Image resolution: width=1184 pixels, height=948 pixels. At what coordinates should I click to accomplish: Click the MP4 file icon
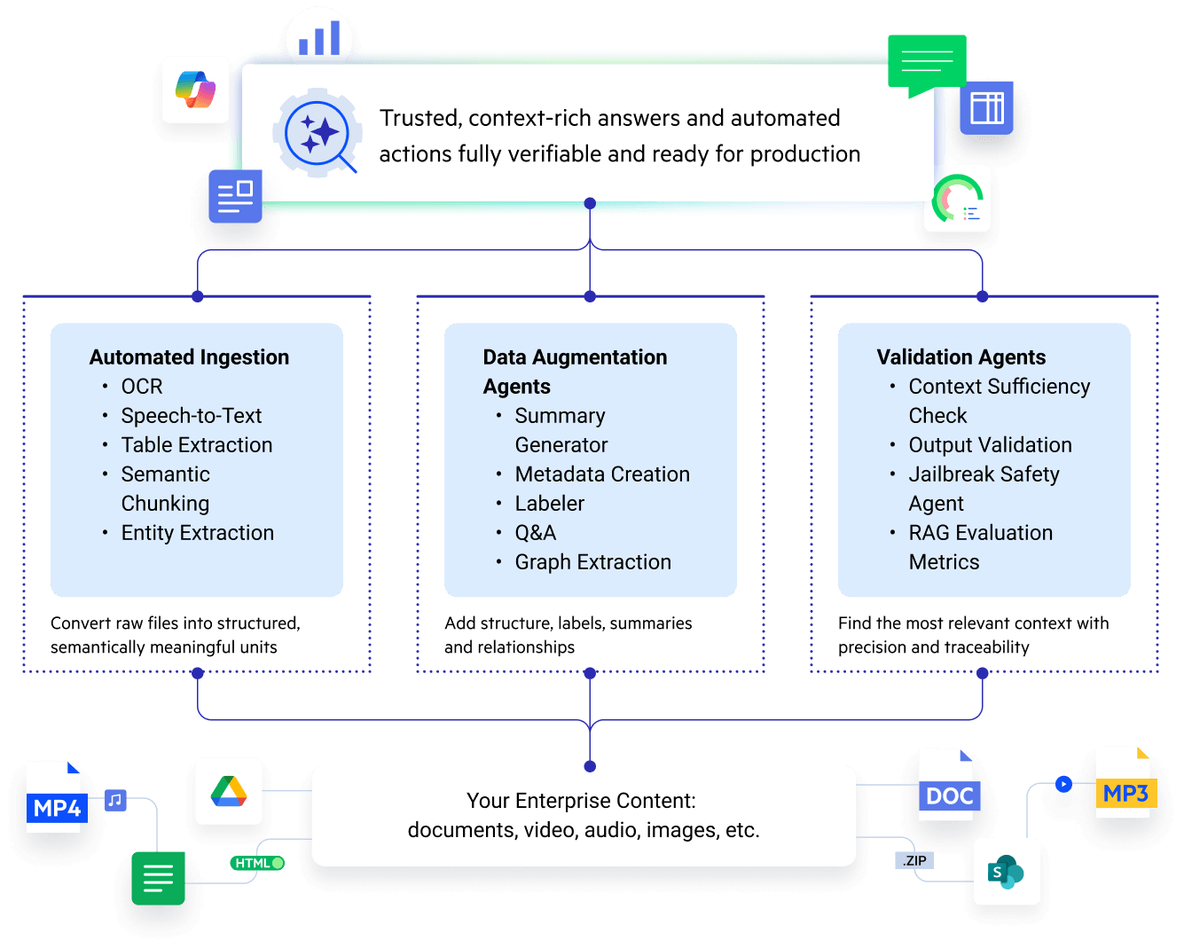[55, 796]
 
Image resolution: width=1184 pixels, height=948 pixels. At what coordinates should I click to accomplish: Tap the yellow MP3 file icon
[1124, 783]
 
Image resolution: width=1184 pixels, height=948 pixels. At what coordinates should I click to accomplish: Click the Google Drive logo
[229, 791]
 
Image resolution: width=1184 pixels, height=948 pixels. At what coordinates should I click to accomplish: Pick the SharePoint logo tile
[1007, 872]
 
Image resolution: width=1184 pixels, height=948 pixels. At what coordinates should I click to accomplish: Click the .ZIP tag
[913, 860]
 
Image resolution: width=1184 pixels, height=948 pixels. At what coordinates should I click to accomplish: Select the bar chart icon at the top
[319, 39]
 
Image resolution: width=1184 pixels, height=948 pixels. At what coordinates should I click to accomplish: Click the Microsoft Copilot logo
[196, 90]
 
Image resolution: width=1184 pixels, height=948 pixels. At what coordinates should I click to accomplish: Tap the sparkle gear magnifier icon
[318, 134]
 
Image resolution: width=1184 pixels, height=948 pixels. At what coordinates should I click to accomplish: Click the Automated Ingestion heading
[189, 357]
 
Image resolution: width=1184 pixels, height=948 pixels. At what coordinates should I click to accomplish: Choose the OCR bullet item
[142, 387]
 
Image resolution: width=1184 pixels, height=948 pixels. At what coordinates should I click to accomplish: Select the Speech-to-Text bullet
[192, 416]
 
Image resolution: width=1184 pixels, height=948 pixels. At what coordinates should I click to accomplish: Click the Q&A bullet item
[536, 533]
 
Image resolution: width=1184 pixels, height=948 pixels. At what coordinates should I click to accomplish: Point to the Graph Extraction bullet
[592, 562]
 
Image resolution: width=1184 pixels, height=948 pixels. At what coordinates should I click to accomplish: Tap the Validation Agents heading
[961, 357]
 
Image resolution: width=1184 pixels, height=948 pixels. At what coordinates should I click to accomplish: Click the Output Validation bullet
[990, 445]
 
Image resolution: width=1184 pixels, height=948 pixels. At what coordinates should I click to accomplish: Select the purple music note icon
[115, 800]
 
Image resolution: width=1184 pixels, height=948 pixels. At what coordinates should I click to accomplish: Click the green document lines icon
[158, 878]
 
